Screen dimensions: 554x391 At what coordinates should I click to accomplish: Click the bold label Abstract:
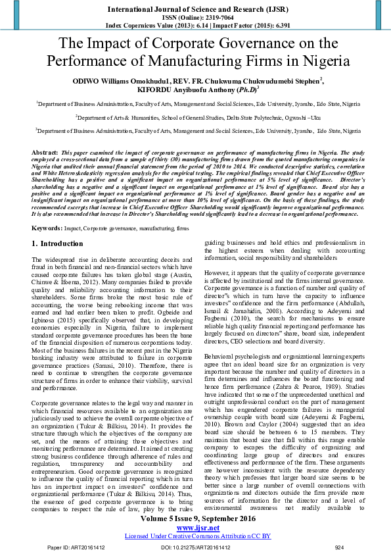(x=45, y=152)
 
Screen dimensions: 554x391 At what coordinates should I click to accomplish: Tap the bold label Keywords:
(x=47, y=209)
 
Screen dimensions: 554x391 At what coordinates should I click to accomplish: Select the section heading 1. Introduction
(x=58, y=226)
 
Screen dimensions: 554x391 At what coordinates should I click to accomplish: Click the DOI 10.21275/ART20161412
(x=195, y=547)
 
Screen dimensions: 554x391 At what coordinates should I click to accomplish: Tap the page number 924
(x=339, y=547)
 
